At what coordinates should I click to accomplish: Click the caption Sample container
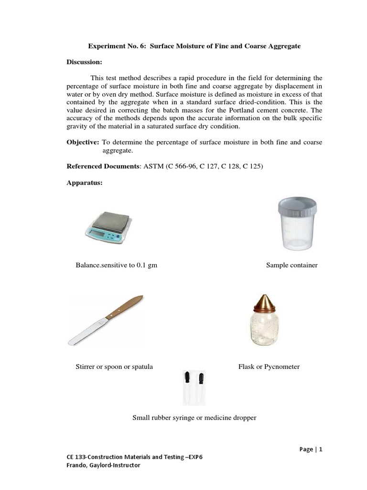click(291, 265)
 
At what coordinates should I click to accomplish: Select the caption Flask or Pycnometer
click(269, 367)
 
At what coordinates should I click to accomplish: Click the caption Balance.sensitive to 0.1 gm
click(116, 265)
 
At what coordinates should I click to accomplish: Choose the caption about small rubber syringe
click(194, 418)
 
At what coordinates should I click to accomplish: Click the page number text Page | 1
click(311, 449)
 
